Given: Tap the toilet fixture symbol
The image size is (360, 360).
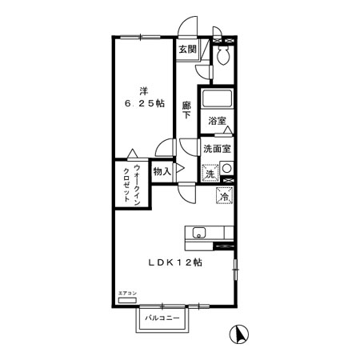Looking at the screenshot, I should click(x=223, y=55).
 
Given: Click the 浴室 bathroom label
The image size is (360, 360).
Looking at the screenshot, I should click(x=215, y=121).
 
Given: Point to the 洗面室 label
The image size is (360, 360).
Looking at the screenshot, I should click(x=216, y=149).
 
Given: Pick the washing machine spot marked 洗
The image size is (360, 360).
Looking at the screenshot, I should click(x=209, y=174).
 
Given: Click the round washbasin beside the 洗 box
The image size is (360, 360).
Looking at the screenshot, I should click(x=226, y=168).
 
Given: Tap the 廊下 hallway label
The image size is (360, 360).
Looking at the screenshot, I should click(x=186, y=110).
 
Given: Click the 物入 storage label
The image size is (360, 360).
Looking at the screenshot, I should click(x=162, y=171).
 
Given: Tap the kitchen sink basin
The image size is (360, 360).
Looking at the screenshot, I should click(x=198, y=233).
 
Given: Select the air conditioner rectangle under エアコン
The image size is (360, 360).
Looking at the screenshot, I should click(x=127, y=303).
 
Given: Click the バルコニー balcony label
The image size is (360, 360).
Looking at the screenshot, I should click(x=167, y=319).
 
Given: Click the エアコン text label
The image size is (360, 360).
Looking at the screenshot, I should click(x=127, y=294).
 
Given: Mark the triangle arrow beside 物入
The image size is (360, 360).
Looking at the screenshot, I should click(x=180, y=170).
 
